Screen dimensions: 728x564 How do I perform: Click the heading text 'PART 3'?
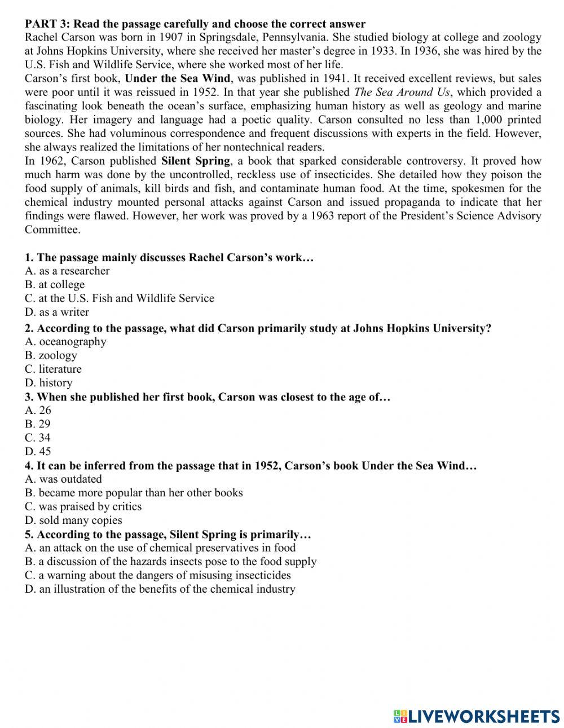point(46,24)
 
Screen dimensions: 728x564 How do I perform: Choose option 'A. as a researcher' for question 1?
point(67,271)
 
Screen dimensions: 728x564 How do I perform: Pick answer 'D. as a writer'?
point(57,312)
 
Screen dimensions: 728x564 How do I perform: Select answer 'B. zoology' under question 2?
point(51,355)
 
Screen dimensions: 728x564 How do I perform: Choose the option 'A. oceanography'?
point(65,341)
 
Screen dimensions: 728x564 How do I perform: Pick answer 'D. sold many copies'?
point(73,520)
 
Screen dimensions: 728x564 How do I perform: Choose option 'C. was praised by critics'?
point(83,506)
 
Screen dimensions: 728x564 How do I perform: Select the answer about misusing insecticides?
point(158,575)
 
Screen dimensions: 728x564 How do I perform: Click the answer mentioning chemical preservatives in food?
point(160,548)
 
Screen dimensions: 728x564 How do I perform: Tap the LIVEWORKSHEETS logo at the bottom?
point(476,716)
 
